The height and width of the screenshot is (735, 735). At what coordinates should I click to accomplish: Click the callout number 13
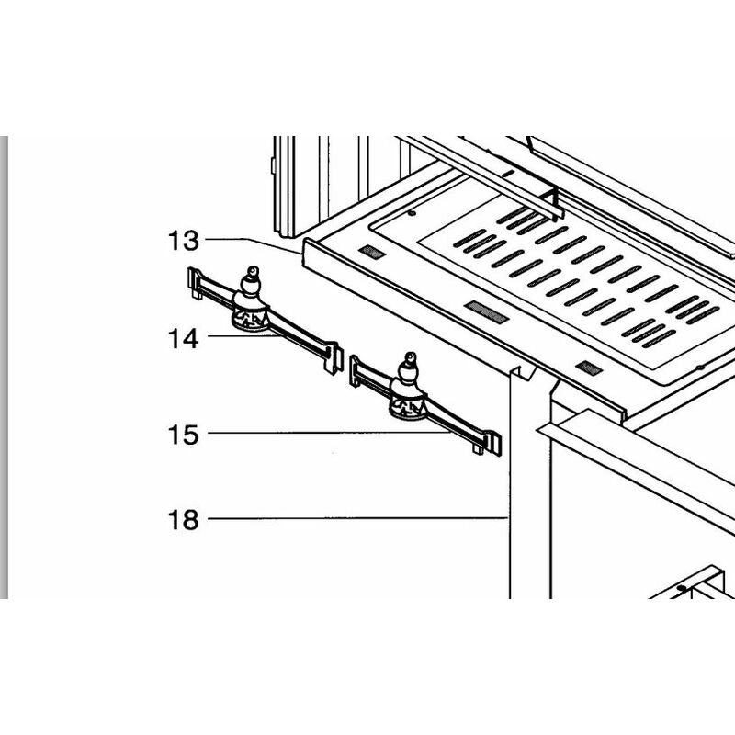(183, 241)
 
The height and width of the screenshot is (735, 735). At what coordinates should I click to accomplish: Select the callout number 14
(183, 338)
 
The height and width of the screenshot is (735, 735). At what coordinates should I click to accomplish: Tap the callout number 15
(183, 434)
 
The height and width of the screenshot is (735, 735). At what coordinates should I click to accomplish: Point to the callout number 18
(183, 520)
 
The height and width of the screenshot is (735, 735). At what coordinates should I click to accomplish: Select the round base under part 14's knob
(249, 318)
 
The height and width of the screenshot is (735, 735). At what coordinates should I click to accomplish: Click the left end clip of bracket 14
(194, 282)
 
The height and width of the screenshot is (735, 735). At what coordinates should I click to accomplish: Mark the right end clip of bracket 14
(333, 357)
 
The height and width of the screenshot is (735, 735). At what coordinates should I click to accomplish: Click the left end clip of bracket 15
(355, 370)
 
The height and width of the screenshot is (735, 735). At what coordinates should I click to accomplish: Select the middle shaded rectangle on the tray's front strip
(486, 311)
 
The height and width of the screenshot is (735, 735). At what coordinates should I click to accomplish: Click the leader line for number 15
(331, 434)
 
